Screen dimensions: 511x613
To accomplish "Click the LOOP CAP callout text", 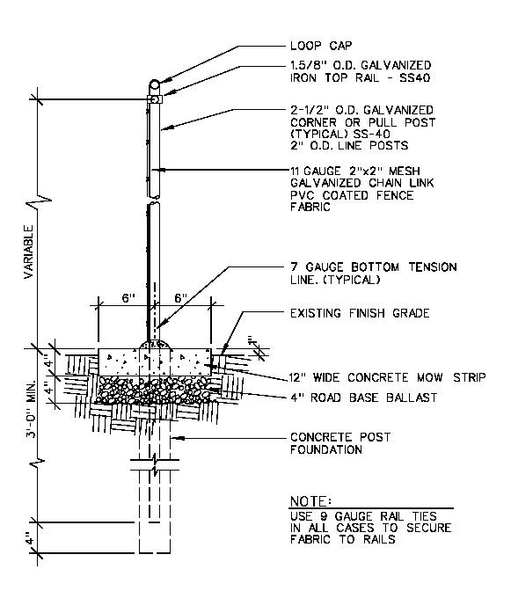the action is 321,46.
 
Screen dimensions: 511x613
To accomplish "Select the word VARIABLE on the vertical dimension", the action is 28,252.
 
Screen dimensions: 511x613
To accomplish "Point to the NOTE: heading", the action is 310,501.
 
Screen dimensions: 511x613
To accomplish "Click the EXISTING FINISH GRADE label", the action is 360,313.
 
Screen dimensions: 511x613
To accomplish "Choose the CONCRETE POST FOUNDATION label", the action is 340,443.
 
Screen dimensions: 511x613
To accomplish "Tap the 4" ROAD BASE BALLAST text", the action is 363,398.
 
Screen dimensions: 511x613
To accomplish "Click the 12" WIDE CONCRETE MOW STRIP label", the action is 388,377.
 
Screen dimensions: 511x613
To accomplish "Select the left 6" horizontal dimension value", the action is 128,298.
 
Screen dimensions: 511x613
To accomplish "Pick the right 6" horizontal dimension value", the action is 180,298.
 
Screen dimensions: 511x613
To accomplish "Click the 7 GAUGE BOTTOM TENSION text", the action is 374,267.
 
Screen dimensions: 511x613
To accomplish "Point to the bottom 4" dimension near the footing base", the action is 30,537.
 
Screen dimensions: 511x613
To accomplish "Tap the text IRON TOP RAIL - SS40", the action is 360,77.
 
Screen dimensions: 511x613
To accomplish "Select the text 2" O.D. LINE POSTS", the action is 349,145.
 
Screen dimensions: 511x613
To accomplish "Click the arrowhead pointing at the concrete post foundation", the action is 177,438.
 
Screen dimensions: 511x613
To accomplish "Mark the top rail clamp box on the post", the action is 155,99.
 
